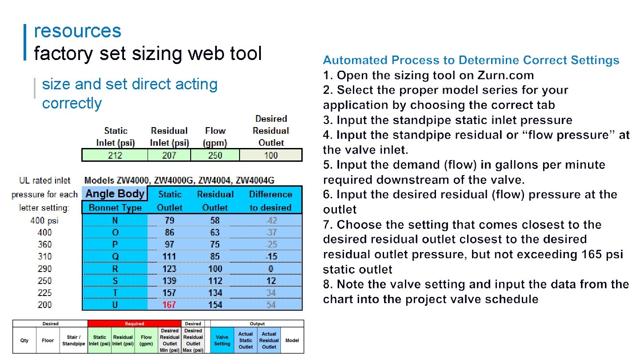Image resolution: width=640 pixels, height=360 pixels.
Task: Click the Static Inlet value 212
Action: [x=115, y=155]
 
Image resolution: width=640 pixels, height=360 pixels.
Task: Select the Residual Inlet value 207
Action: [x=169, y=155]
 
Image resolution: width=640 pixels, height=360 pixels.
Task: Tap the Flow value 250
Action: [x=215, y=155]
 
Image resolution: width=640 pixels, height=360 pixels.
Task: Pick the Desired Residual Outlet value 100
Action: [x=271, y=155]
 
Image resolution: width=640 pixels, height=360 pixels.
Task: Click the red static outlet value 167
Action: [x=169, y=305]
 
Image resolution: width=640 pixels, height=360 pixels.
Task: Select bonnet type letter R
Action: [x=115, y=269]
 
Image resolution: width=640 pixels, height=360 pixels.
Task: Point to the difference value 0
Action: [x=271, y=269]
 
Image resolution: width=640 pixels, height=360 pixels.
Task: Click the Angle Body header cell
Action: [x=115, y=194]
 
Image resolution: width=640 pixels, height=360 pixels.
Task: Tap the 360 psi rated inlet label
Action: [x=44, y=244]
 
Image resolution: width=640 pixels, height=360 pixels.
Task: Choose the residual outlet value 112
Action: [x=215, y=281]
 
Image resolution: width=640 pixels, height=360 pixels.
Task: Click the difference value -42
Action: [x=270, y=220]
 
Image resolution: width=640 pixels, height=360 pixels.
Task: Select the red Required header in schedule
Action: [x=134, y=324]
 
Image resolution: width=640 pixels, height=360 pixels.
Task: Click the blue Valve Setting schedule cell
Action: [x=222, y=340]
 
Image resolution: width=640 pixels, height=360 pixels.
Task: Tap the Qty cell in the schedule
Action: [x=24, y=340]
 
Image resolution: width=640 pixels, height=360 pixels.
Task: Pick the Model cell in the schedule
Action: [x=292, y=340]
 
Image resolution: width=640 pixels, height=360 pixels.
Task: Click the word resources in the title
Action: [x=77, y=31]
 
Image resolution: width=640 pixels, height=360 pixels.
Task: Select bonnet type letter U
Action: [x=115, y=305]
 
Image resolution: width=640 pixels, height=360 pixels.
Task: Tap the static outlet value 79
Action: [x=169, y=220]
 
